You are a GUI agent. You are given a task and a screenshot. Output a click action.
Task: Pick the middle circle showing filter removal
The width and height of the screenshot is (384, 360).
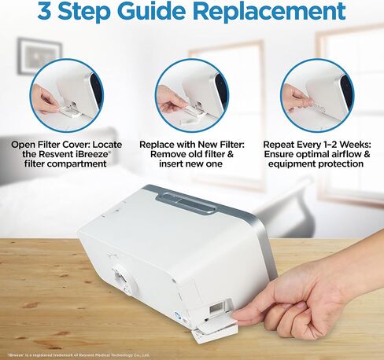pyautogui.click(x=191, y=95)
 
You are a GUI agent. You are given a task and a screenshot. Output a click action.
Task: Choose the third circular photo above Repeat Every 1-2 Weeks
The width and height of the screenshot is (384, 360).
pyautogui.click(x=318, y=95)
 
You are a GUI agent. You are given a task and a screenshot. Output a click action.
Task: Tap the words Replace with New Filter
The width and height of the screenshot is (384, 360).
pyautogui.click(x=193, y=145)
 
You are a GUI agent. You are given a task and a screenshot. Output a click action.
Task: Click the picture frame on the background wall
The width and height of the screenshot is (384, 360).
pyautogui.click(x=39, y=52)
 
